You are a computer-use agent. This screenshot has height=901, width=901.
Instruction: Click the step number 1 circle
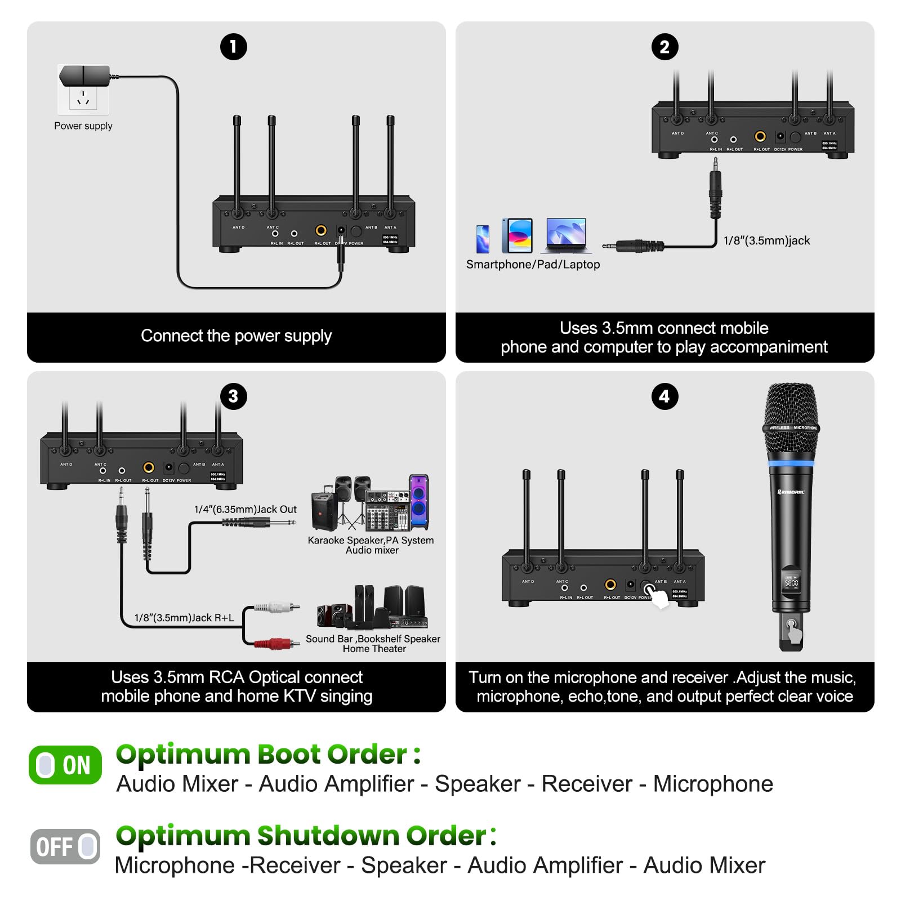click(234, 47)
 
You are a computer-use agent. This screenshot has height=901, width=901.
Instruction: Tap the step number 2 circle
click(664, 47)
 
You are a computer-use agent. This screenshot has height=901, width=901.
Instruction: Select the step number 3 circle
click(233, 396)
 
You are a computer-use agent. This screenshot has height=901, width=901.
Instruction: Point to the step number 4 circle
click(664, 396)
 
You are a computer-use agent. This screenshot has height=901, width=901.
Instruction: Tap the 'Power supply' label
click(83, 126)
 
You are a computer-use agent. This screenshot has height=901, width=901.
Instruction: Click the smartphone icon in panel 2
click(483, 239)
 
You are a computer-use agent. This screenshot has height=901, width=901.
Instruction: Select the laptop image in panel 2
click(566, 235)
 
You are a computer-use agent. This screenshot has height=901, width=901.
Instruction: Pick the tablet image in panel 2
click(518, 236)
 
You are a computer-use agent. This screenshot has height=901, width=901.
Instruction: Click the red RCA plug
click(276, 643)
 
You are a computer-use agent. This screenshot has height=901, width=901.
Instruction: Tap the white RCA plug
click(276, 608)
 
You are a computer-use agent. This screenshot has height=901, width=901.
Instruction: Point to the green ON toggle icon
click(65, 765)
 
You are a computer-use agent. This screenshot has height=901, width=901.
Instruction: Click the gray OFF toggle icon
click(65, 846)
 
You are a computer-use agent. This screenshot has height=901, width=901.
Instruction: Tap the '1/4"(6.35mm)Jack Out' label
click(246, 510)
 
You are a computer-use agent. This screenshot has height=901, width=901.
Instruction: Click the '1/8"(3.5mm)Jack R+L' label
click(184, 618)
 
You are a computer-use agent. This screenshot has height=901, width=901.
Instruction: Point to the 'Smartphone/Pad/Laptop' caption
click(533, 265)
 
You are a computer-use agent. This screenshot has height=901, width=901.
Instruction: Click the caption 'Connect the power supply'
click(236, 336)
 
